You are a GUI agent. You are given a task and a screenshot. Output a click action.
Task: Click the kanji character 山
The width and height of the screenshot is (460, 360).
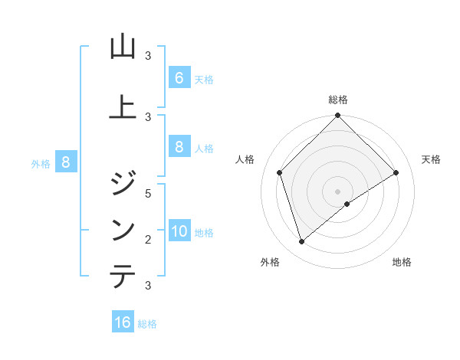click(123, 47)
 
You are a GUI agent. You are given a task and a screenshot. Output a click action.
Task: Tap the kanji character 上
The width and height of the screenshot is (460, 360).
click(123, 108)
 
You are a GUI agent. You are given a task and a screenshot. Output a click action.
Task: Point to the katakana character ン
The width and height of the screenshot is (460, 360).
click(123, 231)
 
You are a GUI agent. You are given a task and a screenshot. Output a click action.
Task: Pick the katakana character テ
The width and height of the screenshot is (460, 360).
click(123, 277)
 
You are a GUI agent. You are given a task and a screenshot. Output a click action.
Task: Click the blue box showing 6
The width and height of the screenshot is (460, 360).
click(179, 78)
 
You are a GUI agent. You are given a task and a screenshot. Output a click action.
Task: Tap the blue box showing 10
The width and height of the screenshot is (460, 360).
click(179, 231)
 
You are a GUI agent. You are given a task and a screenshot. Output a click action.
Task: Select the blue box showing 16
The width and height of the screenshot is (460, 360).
click(123, 322)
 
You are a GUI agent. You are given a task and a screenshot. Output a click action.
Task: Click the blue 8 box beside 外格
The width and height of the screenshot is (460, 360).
click(66, 162)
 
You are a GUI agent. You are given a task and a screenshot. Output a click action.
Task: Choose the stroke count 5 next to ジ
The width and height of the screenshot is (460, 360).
click(149, 193)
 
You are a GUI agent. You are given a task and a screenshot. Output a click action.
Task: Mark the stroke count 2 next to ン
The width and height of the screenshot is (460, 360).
click(149, 239)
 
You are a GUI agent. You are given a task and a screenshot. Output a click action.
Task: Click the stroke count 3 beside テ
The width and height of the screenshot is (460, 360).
click(149, 285)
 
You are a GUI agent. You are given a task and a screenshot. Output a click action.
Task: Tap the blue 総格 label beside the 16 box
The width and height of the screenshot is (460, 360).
click(147, 324)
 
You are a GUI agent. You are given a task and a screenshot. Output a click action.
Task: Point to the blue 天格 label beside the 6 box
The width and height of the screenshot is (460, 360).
click(203, 80)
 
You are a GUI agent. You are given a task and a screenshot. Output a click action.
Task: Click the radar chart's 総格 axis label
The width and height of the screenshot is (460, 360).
click(338, 100)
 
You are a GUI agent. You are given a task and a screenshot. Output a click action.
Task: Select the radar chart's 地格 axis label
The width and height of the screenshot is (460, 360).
click(402, 262)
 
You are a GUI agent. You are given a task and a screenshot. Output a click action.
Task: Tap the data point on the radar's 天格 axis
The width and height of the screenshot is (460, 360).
click(396, 173)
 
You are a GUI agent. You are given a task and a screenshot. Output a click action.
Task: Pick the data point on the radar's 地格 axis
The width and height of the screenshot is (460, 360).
click(347, 204)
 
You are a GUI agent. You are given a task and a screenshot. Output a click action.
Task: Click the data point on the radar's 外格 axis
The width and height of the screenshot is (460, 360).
click(302, 241)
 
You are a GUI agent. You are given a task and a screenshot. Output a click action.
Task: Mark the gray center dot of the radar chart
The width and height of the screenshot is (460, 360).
click(338, 191)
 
